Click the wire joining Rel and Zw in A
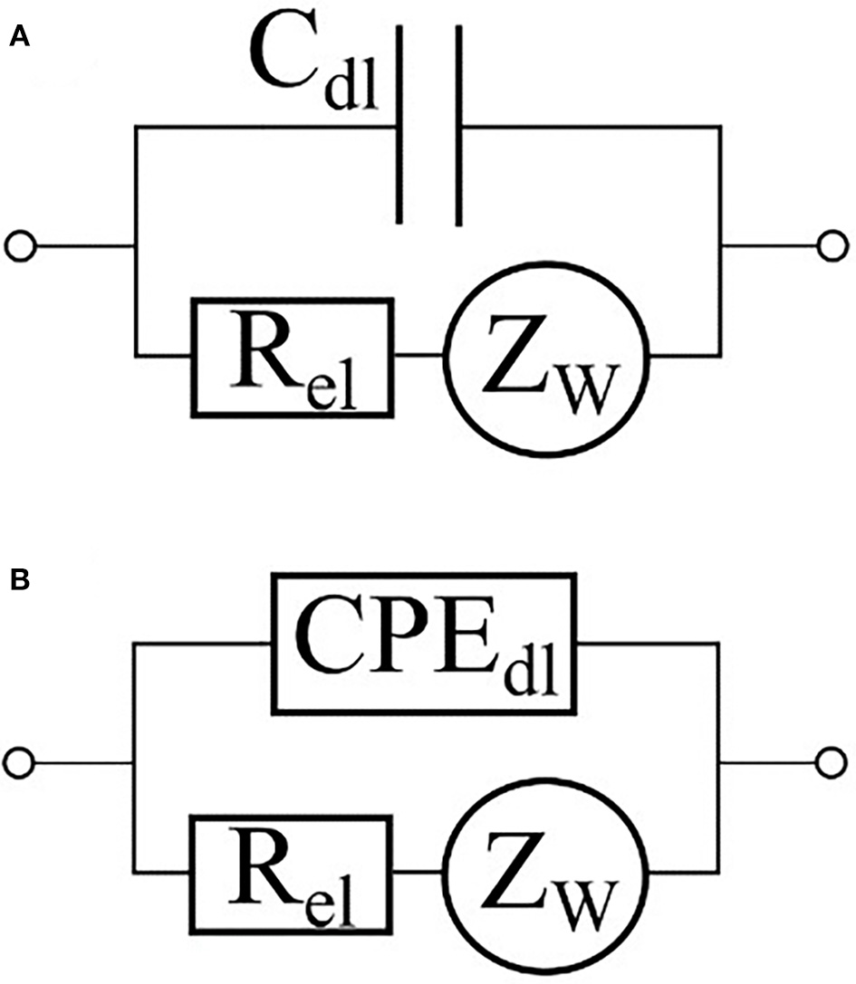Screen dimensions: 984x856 point(418,356)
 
